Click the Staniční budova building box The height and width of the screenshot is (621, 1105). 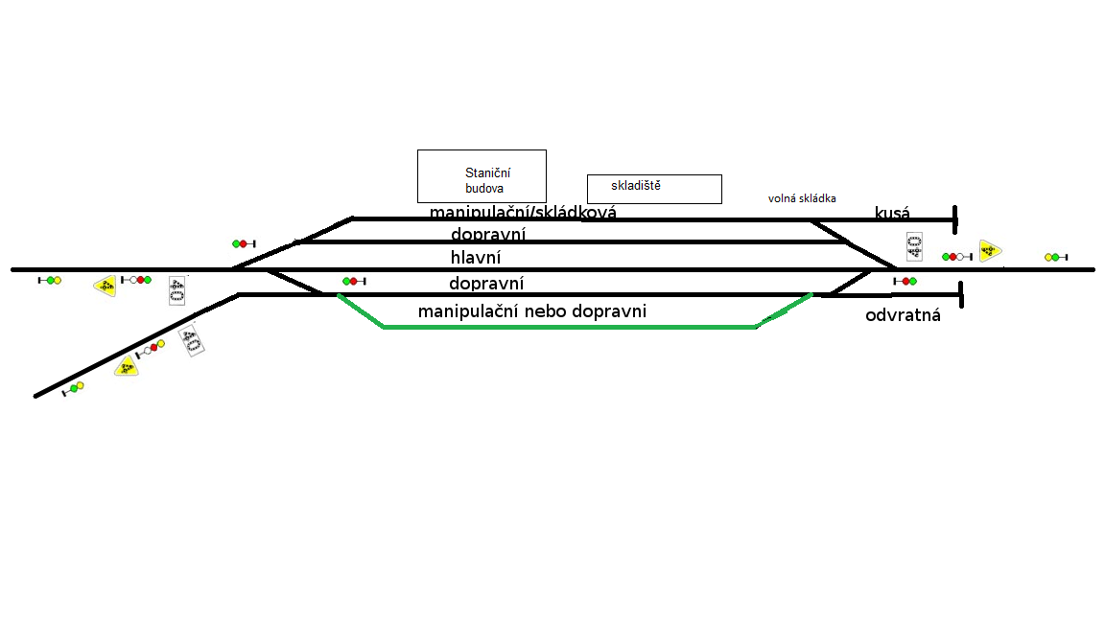coord(482,175)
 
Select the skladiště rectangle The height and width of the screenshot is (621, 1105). coord(654,189)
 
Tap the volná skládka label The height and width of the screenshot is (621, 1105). coord(802,198)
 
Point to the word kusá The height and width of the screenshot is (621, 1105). coord(892,213)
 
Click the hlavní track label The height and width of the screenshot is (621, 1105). coord(476,258)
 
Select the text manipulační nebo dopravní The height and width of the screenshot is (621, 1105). coord(532,311)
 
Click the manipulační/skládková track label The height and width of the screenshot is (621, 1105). coord(523,213)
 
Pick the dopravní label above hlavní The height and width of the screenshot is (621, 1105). coord(488,235)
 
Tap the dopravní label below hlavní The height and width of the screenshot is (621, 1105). coord(486,284)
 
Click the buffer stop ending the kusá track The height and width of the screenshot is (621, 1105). coord(955,219)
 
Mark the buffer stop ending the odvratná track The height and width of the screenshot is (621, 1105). coord(960,295)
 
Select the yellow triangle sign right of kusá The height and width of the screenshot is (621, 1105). coord(990,251)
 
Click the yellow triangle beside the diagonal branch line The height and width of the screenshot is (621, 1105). coord(126,366)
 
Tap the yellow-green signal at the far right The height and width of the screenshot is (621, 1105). coord(1055,257)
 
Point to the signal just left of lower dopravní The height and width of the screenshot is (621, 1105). coord(354,281)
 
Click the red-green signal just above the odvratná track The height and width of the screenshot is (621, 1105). coord(905,281)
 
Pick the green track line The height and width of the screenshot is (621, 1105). coord(571,327)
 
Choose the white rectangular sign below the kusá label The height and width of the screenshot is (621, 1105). coord(914,246)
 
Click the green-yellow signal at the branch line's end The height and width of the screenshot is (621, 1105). coord(73,388)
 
